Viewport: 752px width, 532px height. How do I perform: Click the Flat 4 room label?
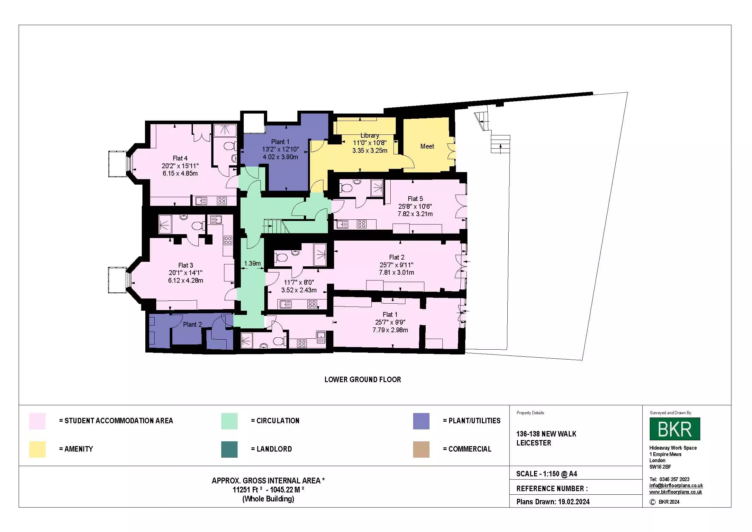coord(180,158)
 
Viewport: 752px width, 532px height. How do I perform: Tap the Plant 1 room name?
coord(280,142)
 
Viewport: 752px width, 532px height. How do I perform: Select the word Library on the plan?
coord(370,135)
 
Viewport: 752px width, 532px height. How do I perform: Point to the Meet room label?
coord(427,146)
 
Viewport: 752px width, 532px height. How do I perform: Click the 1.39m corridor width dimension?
coord(252,263)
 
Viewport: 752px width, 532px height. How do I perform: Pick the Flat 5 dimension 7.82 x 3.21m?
coord(415,214)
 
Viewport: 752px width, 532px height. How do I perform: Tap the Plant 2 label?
coord(192,324)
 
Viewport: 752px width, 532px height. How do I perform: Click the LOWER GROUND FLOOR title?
coord(363,379)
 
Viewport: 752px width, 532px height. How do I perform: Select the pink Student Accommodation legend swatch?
coord(37,421)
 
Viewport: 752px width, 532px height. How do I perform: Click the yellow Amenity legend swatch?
coord(37,449)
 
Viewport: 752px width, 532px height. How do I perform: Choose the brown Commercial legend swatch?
coord(421,449)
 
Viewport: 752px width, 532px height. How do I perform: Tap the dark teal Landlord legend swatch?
coord(229,449)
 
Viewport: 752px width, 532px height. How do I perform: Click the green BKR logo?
coord(675,428)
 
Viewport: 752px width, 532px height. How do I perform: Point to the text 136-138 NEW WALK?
coord(546,434)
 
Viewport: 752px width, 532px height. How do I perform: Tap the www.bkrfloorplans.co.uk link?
coord(675,492)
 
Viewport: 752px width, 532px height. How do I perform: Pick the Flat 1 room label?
coord(390,315)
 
